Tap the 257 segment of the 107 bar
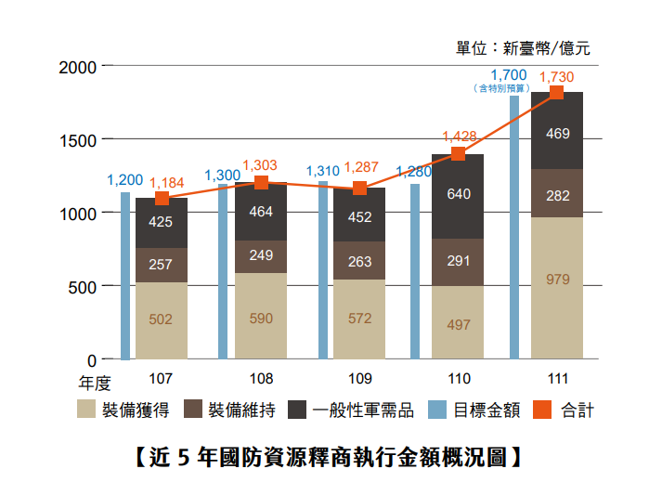click(161, 265)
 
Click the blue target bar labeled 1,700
click(513, 227)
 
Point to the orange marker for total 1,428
click(458, 154)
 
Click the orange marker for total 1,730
click(557, 92)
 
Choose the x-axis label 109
click(359, 380)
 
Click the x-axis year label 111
click(557, 380)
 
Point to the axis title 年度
click(94, 381)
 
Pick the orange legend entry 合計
click(565, 410)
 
